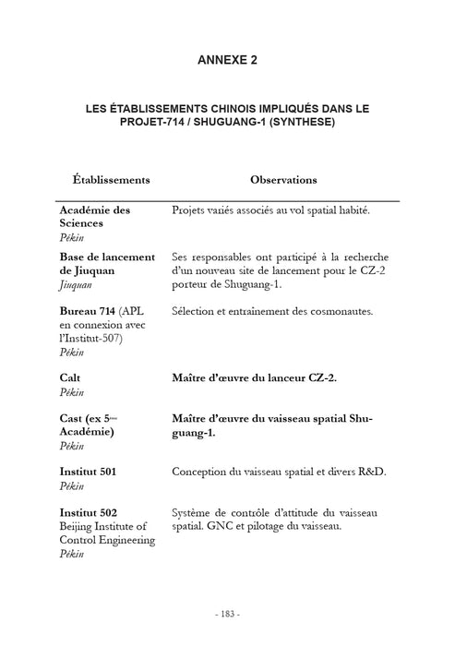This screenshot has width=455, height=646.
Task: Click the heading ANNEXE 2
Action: coord(227,61)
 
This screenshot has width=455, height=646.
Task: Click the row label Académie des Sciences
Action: coord(95,217)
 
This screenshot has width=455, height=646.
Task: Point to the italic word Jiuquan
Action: coord(80,286)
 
